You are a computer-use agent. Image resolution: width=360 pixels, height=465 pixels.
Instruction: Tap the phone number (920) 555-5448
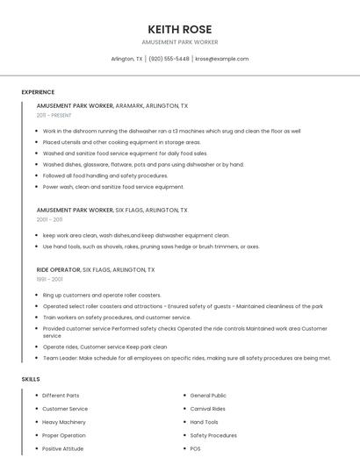click(x=169, y=59)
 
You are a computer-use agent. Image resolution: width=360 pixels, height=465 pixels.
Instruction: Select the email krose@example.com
click(x=221, y=59)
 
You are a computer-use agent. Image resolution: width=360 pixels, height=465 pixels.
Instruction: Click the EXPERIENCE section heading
click(x=38, y=92)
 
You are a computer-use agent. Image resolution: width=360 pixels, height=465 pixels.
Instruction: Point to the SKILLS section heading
click(x=31, y=379)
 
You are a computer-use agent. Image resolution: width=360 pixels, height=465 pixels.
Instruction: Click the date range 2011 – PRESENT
click(x=54, y=115)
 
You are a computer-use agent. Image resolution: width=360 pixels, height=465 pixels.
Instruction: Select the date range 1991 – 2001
click(x=49, y=279)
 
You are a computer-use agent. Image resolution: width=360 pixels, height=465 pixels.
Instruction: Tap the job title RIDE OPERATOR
click(x=58, y=270)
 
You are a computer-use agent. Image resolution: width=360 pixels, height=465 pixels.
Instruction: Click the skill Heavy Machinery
click(x=64, y=422)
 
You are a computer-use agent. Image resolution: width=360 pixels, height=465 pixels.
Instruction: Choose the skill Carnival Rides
click(x=207, y=409)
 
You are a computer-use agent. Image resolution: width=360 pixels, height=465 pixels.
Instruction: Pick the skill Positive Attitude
click(x=63, y=448)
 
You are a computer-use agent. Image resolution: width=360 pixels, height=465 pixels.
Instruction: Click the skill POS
click(x=195, y=448)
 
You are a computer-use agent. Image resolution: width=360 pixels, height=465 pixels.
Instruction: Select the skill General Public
click(x=208, y=396)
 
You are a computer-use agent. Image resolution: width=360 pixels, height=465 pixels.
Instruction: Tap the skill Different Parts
click(x=61, y=396)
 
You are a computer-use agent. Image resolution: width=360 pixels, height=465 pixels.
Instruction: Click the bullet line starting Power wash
click(x=113, y=187)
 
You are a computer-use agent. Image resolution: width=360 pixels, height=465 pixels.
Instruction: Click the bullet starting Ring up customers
click(x=102, y=296)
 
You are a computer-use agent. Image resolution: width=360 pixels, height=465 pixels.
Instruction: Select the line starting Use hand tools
click(x=151, y=247)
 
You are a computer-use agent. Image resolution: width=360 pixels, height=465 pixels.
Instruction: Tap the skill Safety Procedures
click(x=213, y=435)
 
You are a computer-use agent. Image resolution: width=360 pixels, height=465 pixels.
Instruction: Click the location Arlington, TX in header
click(x=127, y=59)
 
